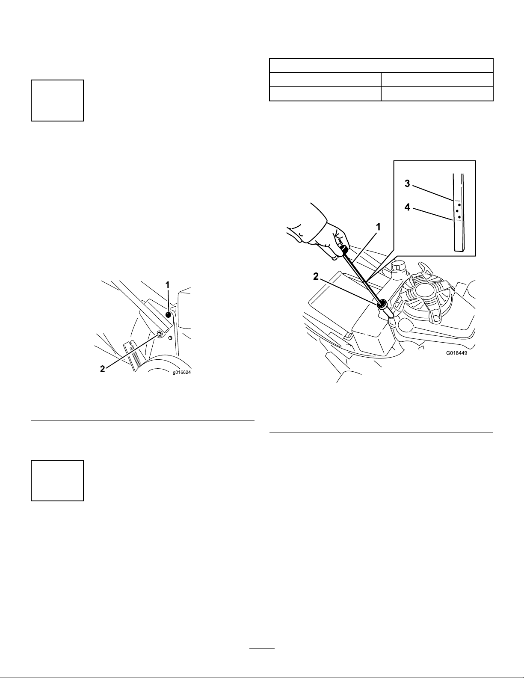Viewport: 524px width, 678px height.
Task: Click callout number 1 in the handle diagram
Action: (168, 285)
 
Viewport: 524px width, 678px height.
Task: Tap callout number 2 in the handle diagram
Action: (102, 369)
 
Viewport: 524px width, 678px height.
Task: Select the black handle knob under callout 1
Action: (169, 315)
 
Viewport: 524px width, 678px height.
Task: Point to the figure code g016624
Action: (182, 372)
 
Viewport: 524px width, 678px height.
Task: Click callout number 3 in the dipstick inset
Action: (407, 184)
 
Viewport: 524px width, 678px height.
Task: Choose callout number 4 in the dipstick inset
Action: (407, 207)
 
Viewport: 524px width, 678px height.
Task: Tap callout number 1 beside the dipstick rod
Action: (378, 227)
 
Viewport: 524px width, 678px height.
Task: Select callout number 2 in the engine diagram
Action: (316, 276)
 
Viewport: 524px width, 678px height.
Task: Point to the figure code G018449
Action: (456, 353)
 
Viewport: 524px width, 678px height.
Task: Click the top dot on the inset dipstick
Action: (459, 204)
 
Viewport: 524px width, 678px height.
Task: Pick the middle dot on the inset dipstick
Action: (457, 211)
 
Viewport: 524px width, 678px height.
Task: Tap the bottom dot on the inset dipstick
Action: (459, 216)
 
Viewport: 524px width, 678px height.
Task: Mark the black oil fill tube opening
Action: (382, 304)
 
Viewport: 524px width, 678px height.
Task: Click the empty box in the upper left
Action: (57, 101)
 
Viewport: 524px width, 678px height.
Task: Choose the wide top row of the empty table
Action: (381, 65)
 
